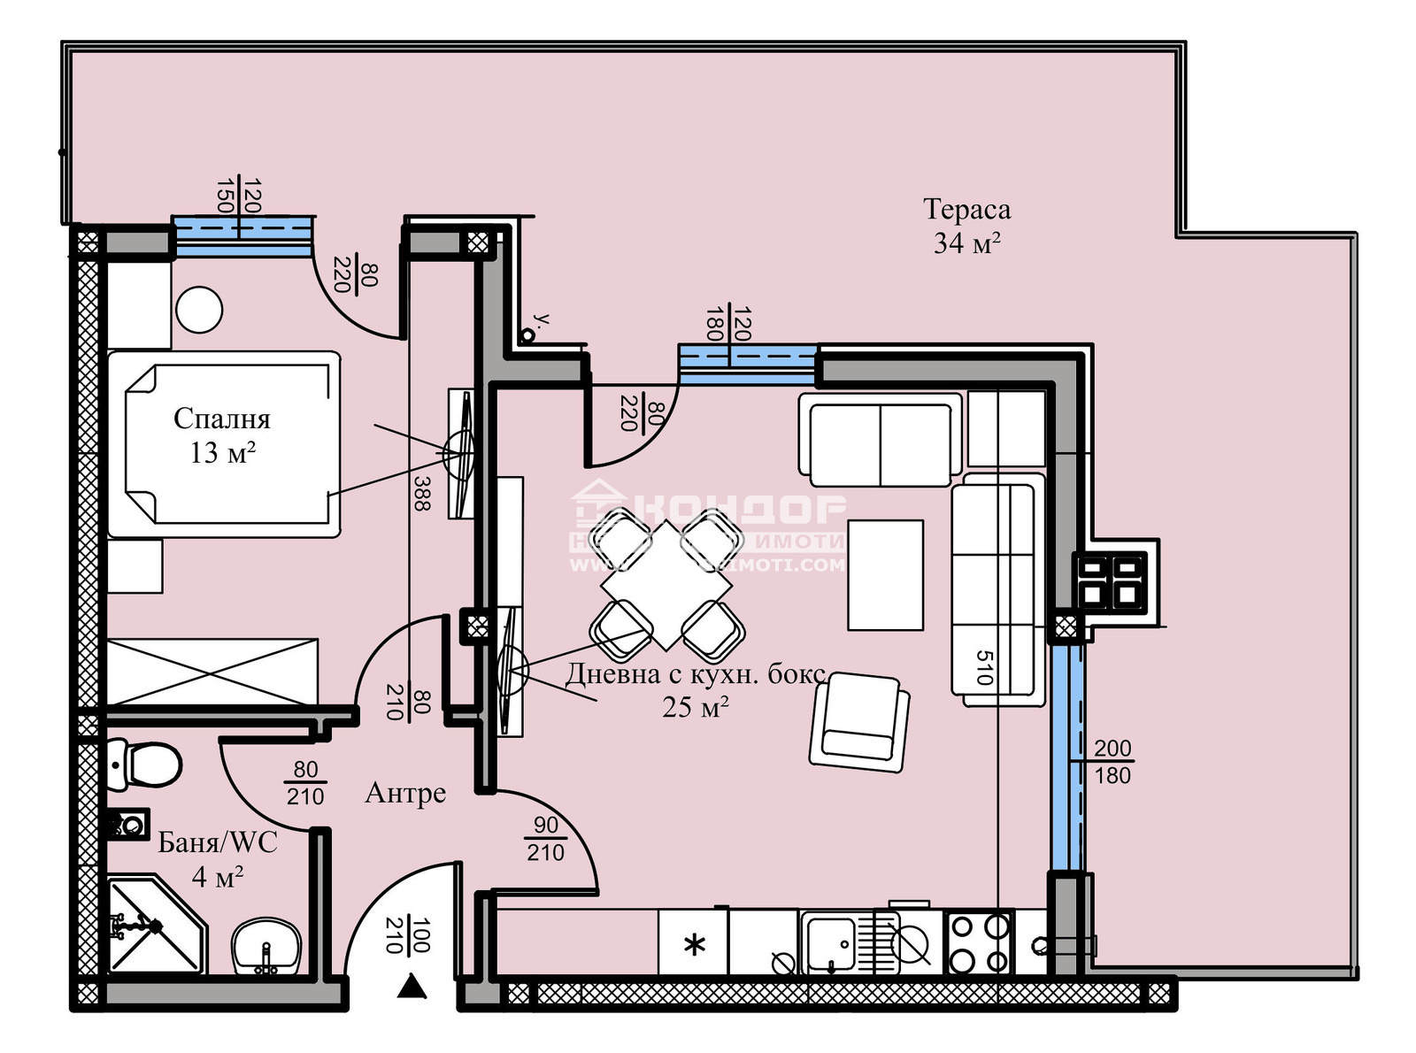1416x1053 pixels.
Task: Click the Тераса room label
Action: (x=966, y=210)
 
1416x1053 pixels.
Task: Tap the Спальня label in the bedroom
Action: (x=221, y=419)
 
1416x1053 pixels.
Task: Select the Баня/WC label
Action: (x=218, y=842)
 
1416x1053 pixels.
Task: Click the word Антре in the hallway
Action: (x=405, y=794)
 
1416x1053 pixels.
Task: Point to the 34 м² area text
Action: (x=966, y=242)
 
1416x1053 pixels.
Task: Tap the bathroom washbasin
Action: (x=265, y=947)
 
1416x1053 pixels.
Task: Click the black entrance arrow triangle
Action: (x=412, y=986)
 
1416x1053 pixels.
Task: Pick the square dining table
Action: (x=666, y=585)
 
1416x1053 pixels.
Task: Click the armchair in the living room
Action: (x=858, y=719)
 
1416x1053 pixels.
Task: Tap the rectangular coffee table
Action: (x=885, y=575)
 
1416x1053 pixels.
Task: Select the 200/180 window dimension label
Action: (x=1112, y=762)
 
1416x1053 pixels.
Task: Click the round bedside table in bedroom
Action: (x=199, y=311)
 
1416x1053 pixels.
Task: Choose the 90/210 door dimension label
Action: (x=545, y=839)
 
